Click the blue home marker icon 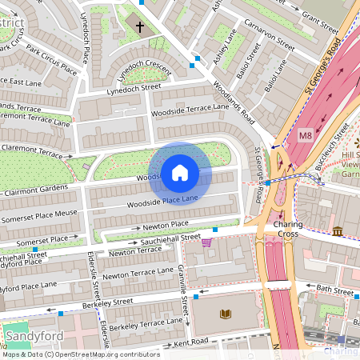click(x=180, y=172)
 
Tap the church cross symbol click(x=140, y=28)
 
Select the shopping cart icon click(x=207, y=242)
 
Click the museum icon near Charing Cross click(x=338, y=232)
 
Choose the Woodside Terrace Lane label click(x=195, y=107)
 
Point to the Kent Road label click(x=191, y=342)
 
